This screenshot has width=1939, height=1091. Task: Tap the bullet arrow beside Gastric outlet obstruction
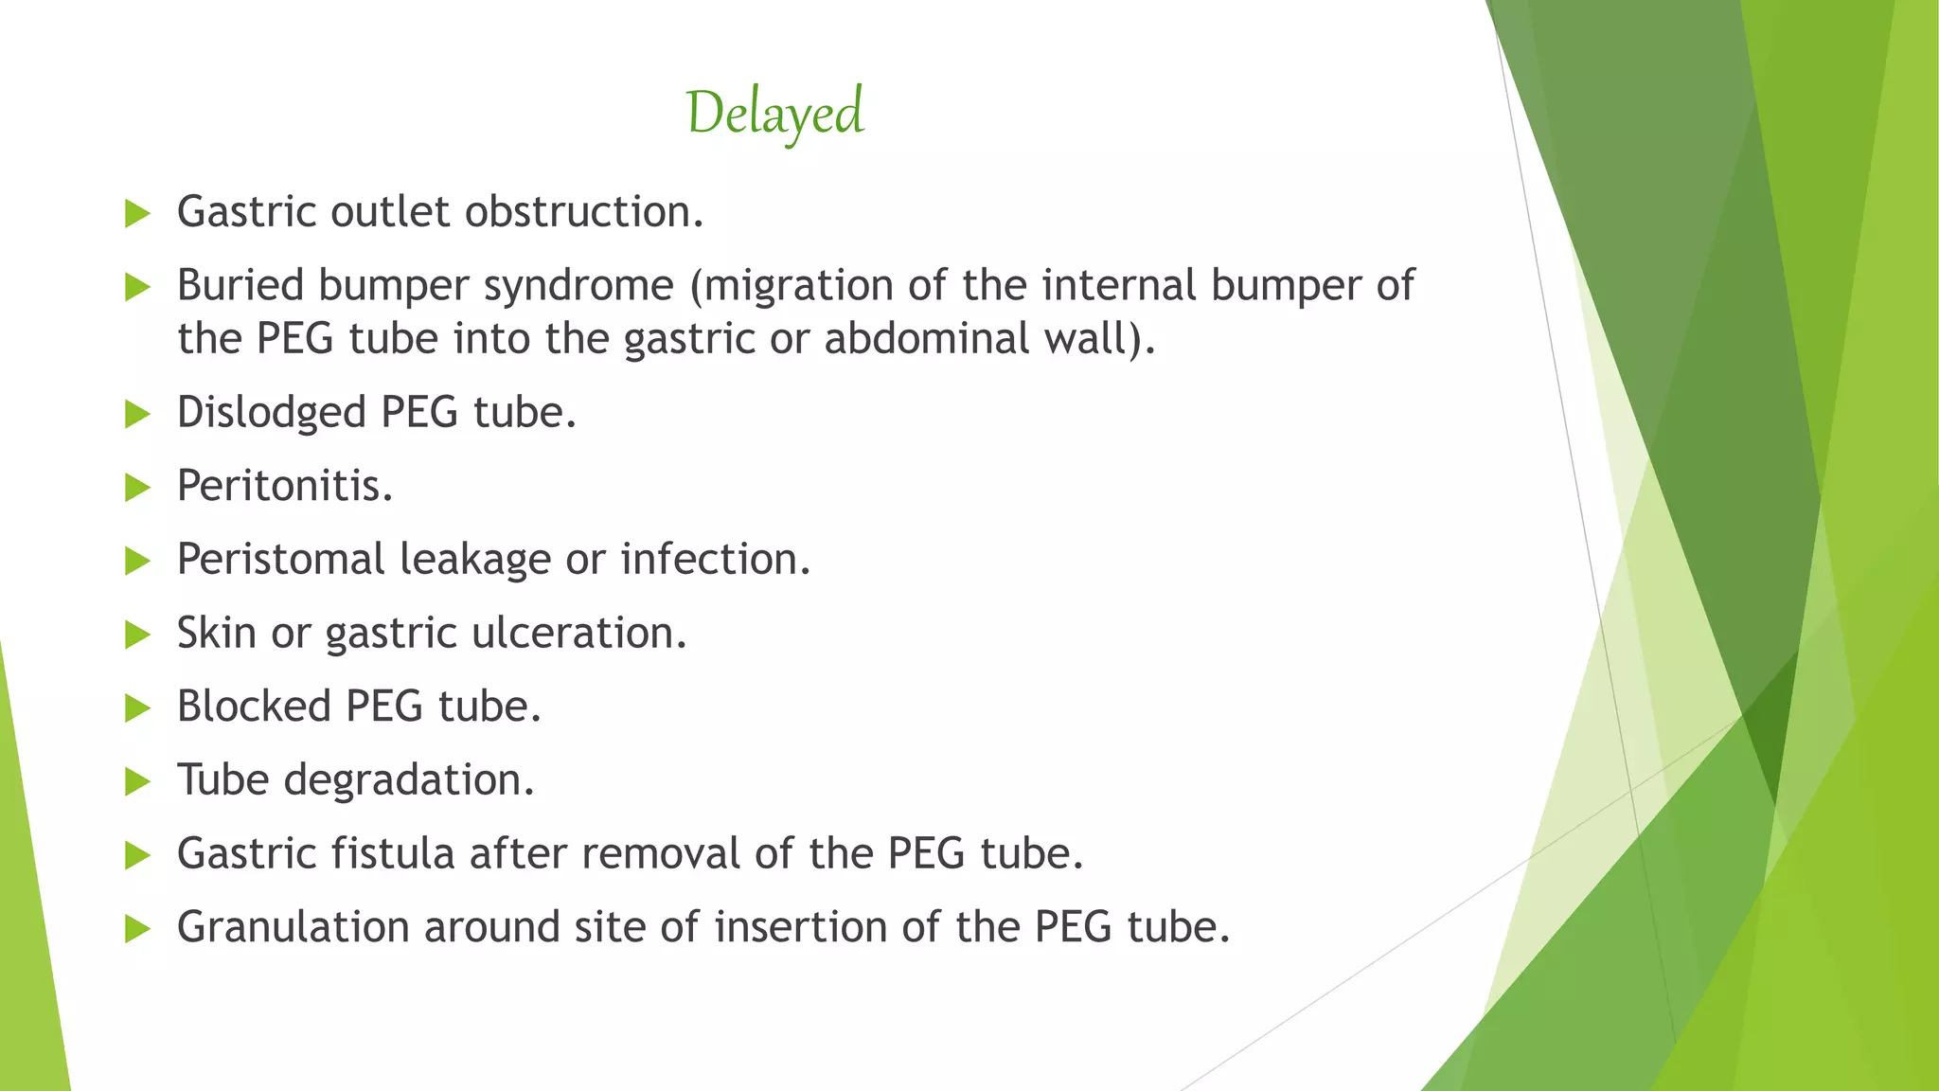[138, 214]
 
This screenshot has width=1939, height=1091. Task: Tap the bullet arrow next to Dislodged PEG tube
[138, 415]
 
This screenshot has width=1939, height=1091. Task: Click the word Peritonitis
[284, 487]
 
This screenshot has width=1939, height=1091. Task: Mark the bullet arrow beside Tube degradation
[138, 782]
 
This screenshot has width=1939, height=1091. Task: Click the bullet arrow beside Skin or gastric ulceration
[138, 635]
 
